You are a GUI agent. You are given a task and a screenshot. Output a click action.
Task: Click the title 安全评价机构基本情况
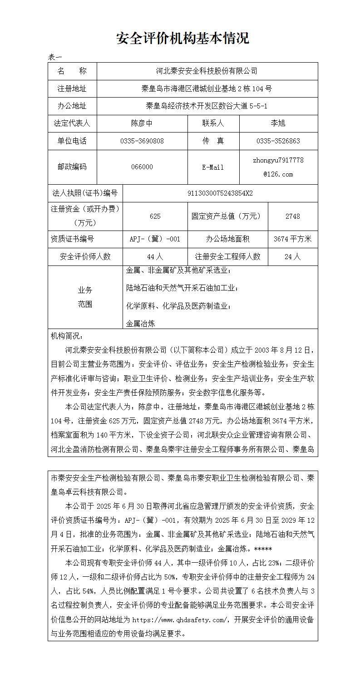(x=182, y=39)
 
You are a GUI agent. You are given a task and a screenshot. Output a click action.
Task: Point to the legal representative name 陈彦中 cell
(x=142, y=123)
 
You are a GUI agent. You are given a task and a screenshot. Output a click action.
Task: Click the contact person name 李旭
(x=278, y=123)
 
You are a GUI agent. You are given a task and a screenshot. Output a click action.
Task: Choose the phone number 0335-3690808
(x=142, y=141)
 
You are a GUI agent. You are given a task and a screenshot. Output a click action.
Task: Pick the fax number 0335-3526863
(x=278, y=141)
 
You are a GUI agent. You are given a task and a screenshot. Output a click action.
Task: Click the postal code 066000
(x=142, y=167)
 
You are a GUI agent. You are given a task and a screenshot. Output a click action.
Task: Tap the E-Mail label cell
(x=213, y=167)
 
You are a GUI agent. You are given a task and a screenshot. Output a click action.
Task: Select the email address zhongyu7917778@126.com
(x=278, y=167)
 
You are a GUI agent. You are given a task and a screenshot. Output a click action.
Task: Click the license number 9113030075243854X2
(x=220, y=193)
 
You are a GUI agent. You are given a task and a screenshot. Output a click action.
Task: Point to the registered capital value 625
(x=155, y=216)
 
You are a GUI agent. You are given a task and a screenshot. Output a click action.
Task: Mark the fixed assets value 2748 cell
(x=292, y=216)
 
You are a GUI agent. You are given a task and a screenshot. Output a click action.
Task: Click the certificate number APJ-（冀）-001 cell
(x=155, y=239)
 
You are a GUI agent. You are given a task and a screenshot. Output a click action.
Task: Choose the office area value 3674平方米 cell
(x=292, y=239)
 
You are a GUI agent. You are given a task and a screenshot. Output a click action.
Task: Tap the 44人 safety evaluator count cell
(x=155, y=256)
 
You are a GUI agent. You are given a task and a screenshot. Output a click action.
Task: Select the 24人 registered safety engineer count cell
(x=292, y=256)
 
